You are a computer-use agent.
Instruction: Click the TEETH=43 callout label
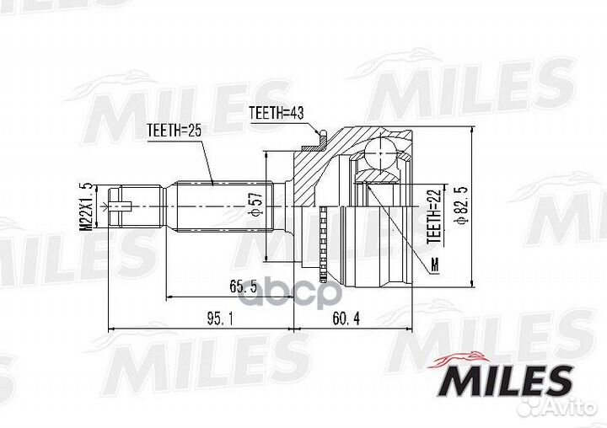pos(277,113)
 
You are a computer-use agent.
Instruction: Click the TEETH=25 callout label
pos(175,131)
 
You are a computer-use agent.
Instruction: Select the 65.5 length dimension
pos(243,286)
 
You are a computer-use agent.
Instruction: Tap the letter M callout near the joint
pos(436,265)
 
